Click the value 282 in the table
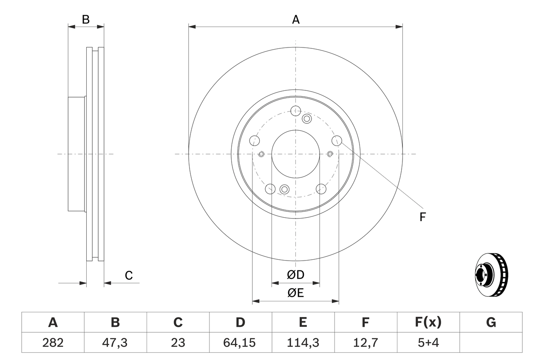coord(53,342)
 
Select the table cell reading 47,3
coord(115,342)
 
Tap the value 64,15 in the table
coord(241,342)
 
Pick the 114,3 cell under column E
coord(303,342)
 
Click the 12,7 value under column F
coord(365,342)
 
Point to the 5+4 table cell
coord(428,342)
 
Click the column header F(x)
coord(428,323)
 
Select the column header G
coord(491,323)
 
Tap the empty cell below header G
coord(491,342)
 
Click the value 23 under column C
coord(178,342)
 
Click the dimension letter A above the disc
coord(296,19)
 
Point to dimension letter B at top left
coord(86,19)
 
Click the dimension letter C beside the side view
coord(129,275)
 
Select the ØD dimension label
coord(296,275)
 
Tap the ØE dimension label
coord(296,293)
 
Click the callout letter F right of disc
coord(422,217)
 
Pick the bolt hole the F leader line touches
coord(337,140)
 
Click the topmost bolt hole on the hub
coord(296,111)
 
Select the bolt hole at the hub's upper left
coord(255,140)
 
